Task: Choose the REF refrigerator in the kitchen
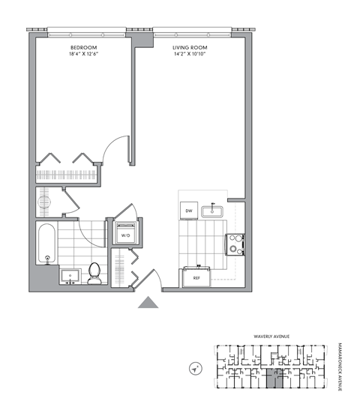point(196,277)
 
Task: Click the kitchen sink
point(217,211)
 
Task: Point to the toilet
point(95,273)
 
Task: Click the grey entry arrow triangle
point(149,302)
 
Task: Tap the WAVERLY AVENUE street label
point(272,337)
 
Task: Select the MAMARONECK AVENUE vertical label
point(340,363)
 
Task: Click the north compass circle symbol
point(196,369)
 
